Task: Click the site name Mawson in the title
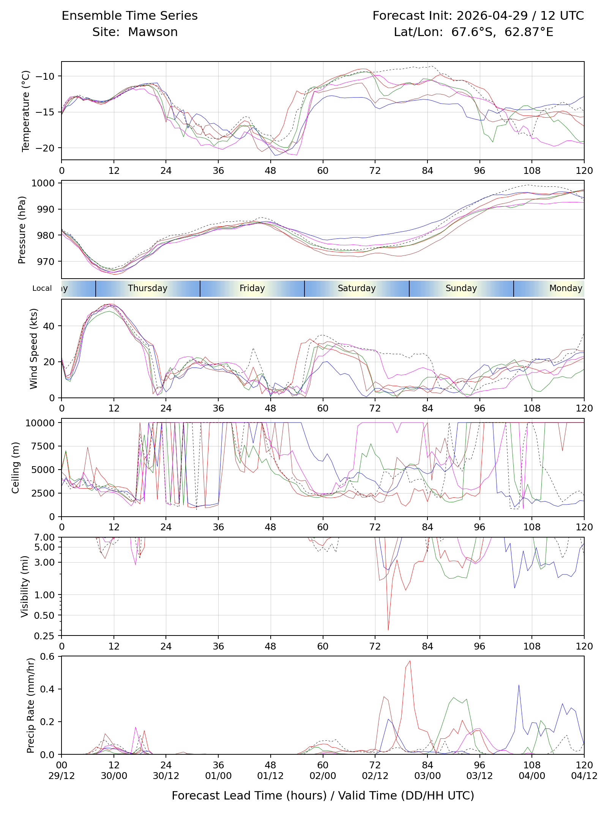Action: coord(153,32)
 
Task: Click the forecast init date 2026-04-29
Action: coord(492,16)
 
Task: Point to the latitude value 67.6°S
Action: coord(473,32)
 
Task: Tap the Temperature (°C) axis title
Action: coord(25,111)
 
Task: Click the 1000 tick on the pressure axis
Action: coord(43,183)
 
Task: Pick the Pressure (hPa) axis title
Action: coord(22,230)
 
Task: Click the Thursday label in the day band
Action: coord(148,288)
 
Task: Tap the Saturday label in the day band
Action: coord(357,288)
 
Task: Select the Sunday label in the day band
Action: coord(461,288)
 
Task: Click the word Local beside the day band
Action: coord(42,288)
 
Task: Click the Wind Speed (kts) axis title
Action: coord(34,348)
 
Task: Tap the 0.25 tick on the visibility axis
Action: coord(44,636)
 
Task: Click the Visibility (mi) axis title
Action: coord(25,587)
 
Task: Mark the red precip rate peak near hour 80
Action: coord(410,661)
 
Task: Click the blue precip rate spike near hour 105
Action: coord(519,685)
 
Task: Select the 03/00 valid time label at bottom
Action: coord(427,776)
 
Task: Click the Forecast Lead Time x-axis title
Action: coord(323,795)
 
